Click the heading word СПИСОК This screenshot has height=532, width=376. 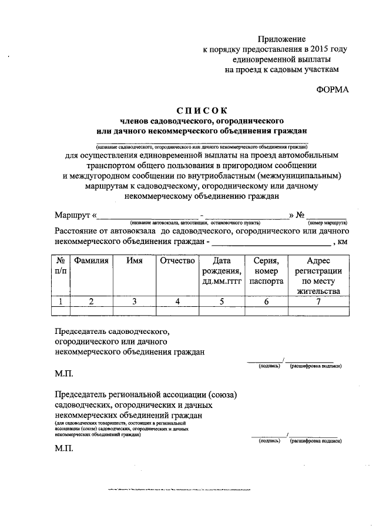(202, 111)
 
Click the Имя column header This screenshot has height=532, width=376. (135, 260)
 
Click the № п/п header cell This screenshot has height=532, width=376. (61, 265)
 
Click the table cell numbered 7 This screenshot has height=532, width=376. (318, 302)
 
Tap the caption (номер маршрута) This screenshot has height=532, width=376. (327, 223)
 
